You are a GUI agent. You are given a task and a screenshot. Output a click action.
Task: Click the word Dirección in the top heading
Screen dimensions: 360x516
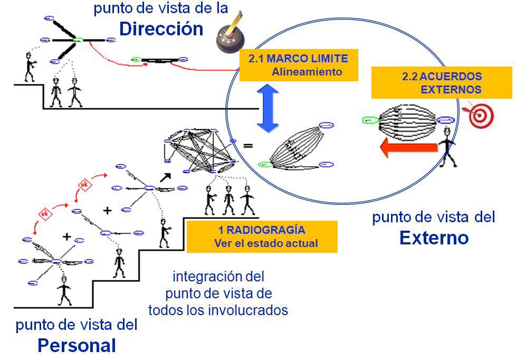point(161,29)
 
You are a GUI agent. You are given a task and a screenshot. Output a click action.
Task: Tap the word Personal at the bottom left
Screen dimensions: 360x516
point(77,345)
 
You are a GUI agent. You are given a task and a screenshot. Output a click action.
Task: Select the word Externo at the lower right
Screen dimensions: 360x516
point(434,238)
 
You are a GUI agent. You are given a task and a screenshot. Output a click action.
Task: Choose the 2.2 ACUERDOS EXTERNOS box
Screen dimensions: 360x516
point(442,83)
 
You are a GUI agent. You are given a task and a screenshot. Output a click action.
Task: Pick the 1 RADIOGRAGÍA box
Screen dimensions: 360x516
point(262,236)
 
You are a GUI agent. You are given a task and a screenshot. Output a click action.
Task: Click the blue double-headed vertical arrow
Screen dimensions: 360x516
point(268,109)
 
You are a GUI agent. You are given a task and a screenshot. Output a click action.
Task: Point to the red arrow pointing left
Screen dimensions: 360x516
point(409,147)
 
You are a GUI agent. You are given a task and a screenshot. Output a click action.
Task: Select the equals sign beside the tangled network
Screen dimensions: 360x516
point(247,146)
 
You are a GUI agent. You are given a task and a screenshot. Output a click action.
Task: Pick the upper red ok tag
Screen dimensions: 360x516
point(84,184)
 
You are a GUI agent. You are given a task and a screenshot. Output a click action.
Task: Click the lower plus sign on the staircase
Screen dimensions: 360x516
point(66,237)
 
